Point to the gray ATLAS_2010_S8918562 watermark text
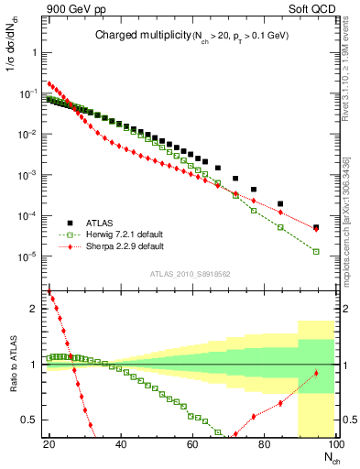190,272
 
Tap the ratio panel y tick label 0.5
31,420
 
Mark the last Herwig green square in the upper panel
316,251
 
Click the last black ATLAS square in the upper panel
316,227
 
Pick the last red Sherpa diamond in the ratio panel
316,373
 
